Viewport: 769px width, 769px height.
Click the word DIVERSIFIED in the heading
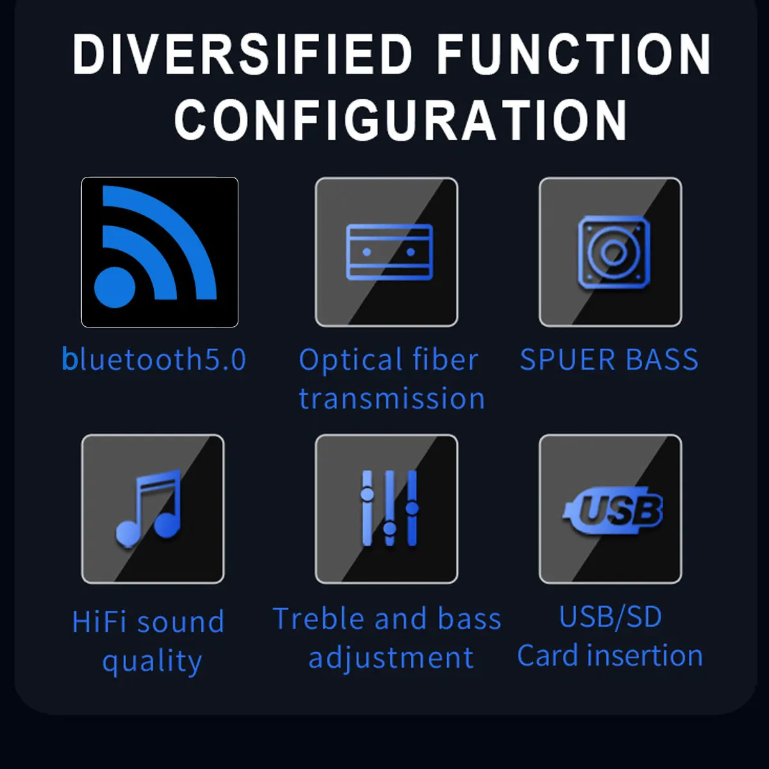[242, 54]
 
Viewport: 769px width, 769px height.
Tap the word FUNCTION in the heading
[574, 54]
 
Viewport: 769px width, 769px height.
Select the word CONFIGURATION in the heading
[401, 120]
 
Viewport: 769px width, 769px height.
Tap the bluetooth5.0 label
[154, 360]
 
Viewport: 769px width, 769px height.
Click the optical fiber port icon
[389, 252]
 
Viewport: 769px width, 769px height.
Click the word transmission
[392, 399]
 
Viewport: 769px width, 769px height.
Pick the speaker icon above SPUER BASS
[613, 252]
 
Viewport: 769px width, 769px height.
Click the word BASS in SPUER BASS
[662, 360]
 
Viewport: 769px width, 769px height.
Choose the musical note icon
[149, 508]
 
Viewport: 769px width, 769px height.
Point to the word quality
[152, 661]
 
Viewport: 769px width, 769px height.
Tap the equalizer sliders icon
[389, 508]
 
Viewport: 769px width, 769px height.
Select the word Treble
[318, 619]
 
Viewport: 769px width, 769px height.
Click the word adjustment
[391, 658]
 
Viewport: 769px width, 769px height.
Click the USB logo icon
[613, 511]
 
